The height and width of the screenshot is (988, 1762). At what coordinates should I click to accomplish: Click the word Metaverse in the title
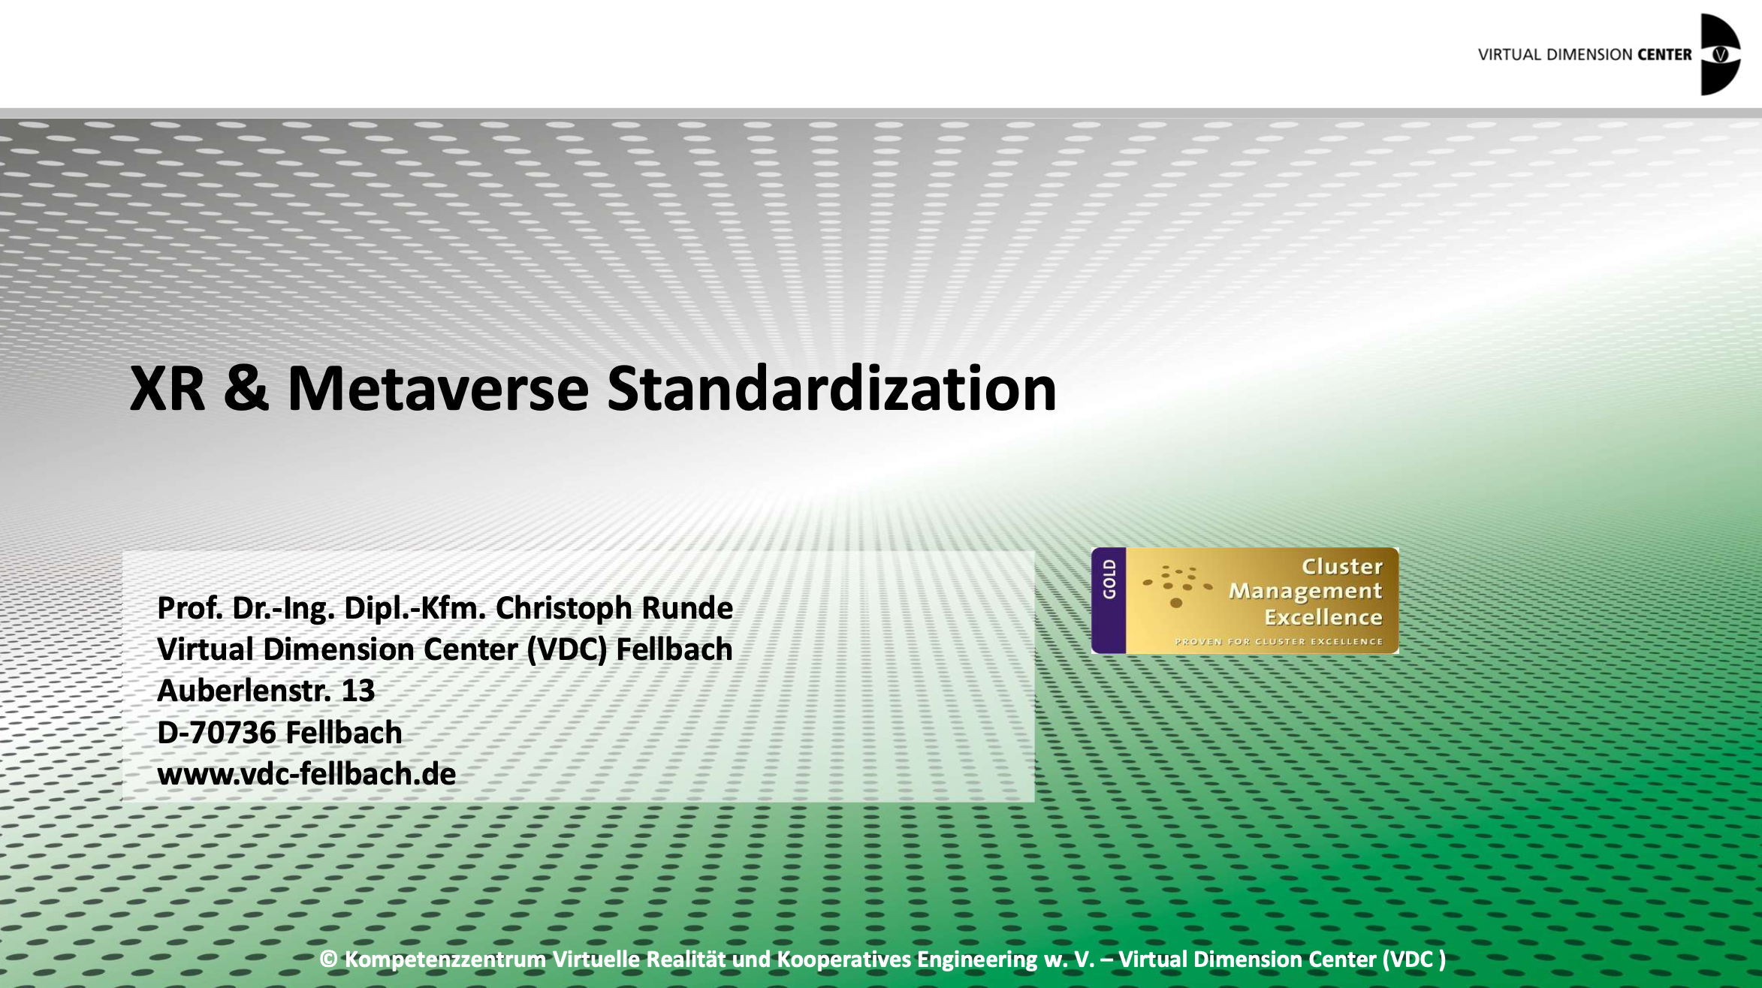coord(438,389)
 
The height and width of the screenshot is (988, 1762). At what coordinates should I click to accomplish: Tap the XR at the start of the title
coord(167,389)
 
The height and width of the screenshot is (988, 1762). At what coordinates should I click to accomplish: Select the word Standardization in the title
coord(831,389)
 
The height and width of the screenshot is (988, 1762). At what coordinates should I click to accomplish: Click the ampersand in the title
coord(246,389)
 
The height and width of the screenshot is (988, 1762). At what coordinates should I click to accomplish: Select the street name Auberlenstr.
coord(244,691)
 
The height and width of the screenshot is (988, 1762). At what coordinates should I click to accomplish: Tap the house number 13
coord(358,691)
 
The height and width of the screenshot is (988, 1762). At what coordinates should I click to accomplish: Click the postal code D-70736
coord(216,733)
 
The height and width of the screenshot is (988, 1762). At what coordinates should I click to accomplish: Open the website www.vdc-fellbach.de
coord(306,774)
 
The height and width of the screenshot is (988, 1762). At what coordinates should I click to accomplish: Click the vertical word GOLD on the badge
coord(1109,579)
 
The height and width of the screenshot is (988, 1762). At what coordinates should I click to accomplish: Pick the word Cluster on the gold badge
coord(1342,567)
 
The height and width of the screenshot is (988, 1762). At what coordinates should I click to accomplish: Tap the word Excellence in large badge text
coord(1323,617)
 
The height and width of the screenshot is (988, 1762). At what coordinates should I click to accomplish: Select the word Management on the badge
coord(1305,592)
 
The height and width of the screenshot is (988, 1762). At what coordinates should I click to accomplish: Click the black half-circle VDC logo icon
coord(1720,55)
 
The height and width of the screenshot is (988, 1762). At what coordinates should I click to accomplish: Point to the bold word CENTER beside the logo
coord(1664,55)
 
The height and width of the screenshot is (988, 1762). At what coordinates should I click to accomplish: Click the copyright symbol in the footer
coord(328,959)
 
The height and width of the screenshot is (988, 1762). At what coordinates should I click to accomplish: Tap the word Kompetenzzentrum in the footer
coord(445,959)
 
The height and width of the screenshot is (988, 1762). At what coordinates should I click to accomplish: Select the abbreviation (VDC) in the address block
coord(566,649)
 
